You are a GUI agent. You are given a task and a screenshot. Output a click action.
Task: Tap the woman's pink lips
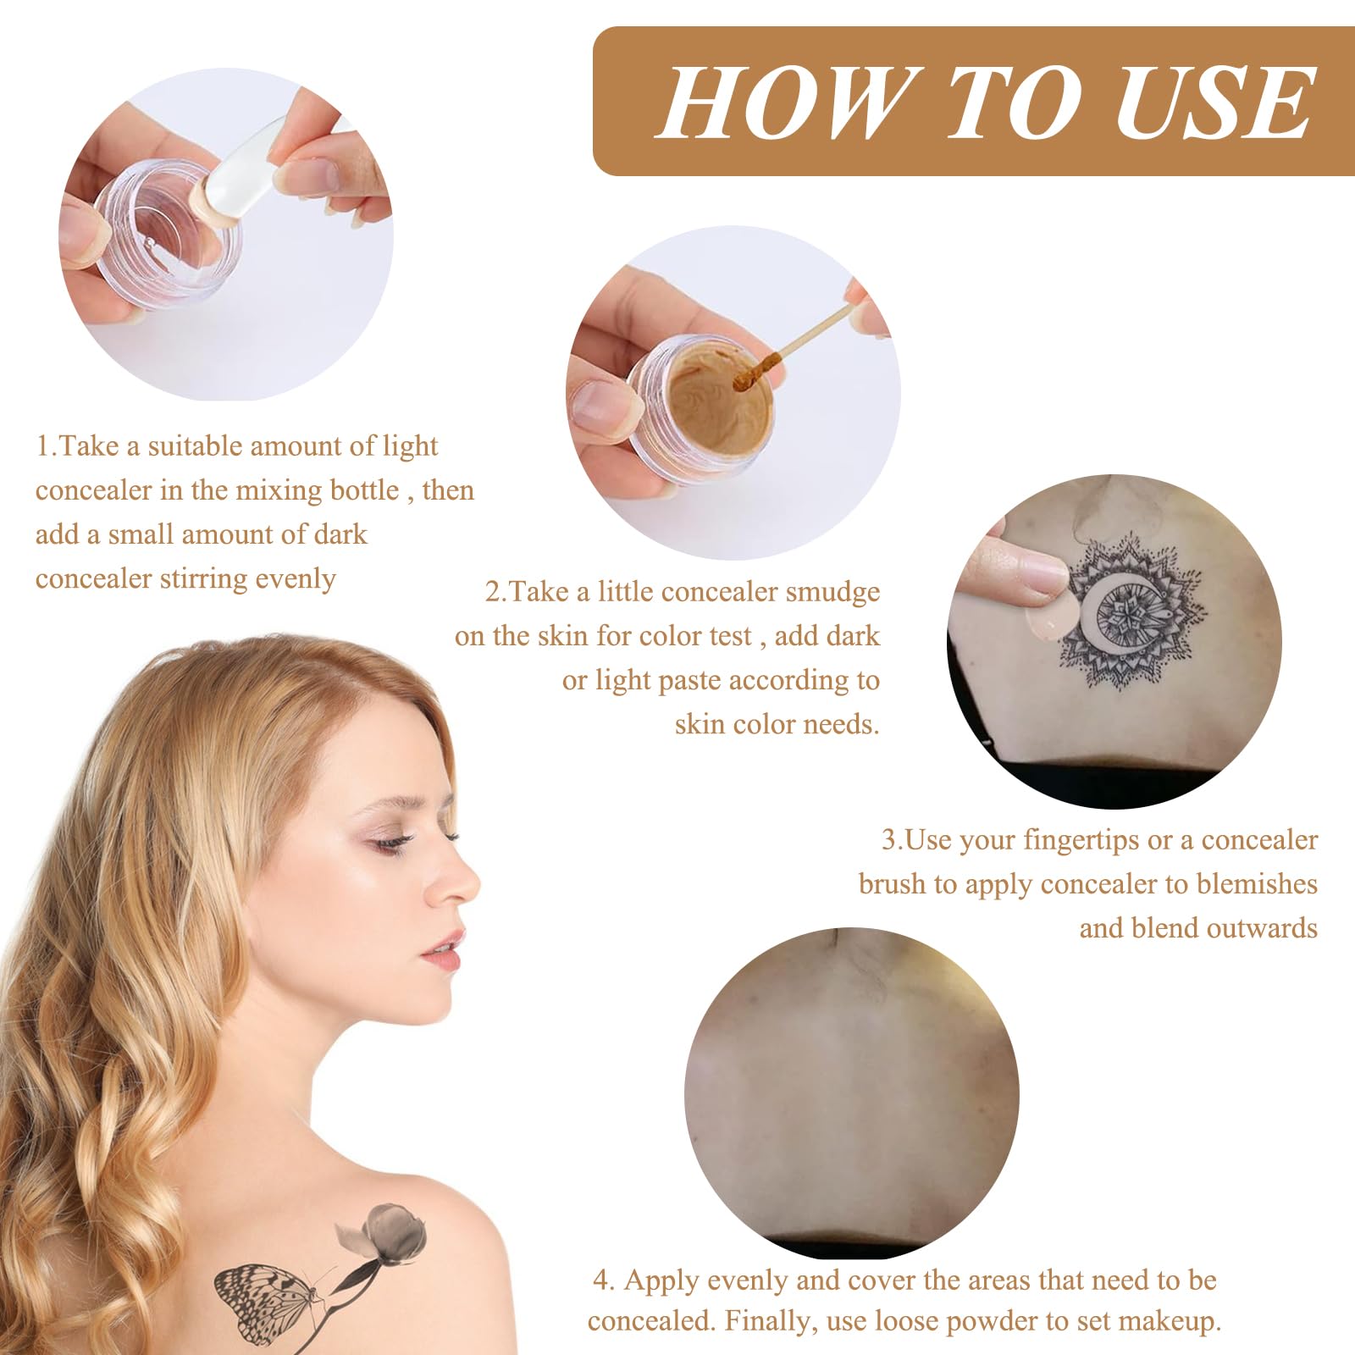tap(445, 948)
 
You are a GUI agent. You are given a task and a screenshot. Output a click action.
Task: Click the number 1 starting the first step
tap(43, 446)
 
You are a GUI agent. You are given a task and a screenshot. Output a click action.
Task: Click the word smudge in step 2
tap(833, 591)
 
